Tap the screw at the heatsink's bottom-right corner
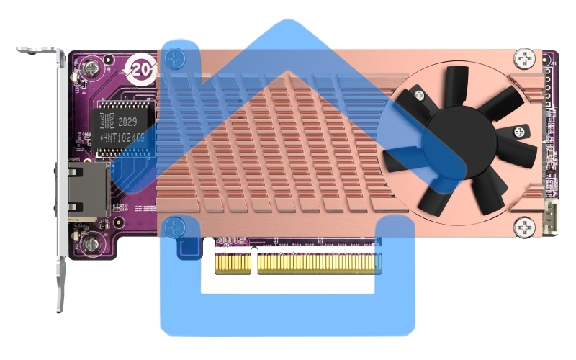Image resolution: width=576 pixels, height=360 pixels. click(524, 228)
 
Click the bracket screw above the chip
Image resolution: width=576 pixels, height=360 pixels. click(90, 69)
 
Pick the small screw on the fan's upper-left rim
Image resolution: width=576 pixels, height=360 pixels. click(418, 94)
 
